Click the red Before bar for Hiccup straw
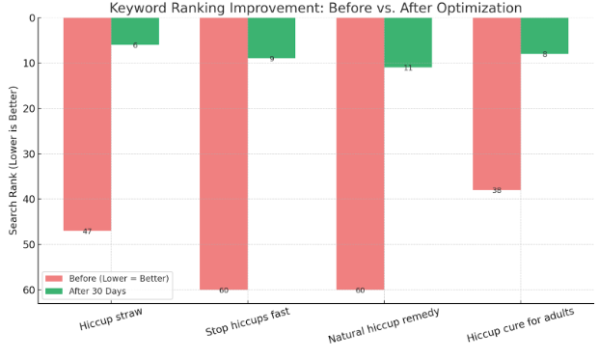tap(87, 124)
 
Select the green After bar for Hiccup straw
tap(135, 31)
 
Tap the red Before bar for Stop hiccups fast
tap(224, 152)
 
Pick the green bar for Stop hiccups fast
tap(271, 38)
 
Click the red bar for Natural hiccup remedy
tap(360, 152)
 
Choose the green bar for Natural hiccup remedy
tap(408, 42)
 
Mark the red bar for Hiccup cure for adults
tap(497, 103)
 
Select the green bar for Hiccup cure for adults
tap(544, 36)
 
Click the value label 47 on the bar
tap(87, 232)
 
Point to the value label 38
tap(497, 191)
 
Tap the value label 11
tap(408, 69)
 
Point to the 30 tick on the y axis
tap(28, 153)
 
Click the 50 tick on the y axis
tap(28, 244)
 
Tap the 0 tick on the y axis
tap(31, 17)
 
